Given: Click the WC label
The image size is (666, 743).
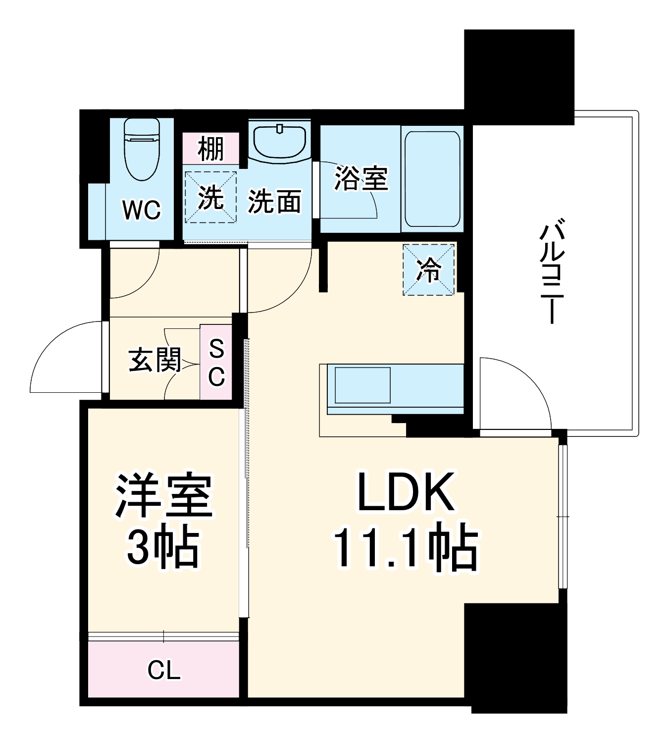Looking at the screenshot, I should [x=142, y=210].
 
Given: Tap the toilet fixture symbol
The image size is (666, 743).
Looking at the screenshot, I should [x=142, y=149].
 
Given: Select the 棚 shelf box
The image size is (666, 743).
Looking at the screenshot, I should [x=211, y=148].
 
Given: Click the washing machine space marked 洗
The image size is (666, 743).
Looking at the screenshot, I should [x=210, y=197].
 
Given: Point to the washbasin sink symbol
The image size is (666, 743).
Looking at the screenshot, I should [x=280, y=141].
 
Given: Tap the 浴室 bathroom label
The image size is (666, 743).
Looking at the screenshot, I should [x=361, y=178].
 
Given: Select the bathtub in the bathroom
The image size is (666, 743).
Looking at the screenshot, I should [x=432, y=179].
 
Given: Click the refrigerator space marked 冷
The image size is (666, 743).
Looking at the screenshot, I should [x=428, y=270].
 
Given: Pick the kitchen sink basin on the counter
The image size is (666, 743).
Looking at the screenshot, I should [x=362, y=385].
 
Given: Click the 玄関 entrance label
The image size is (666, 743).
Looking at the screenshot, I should [x=155, y=360].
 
